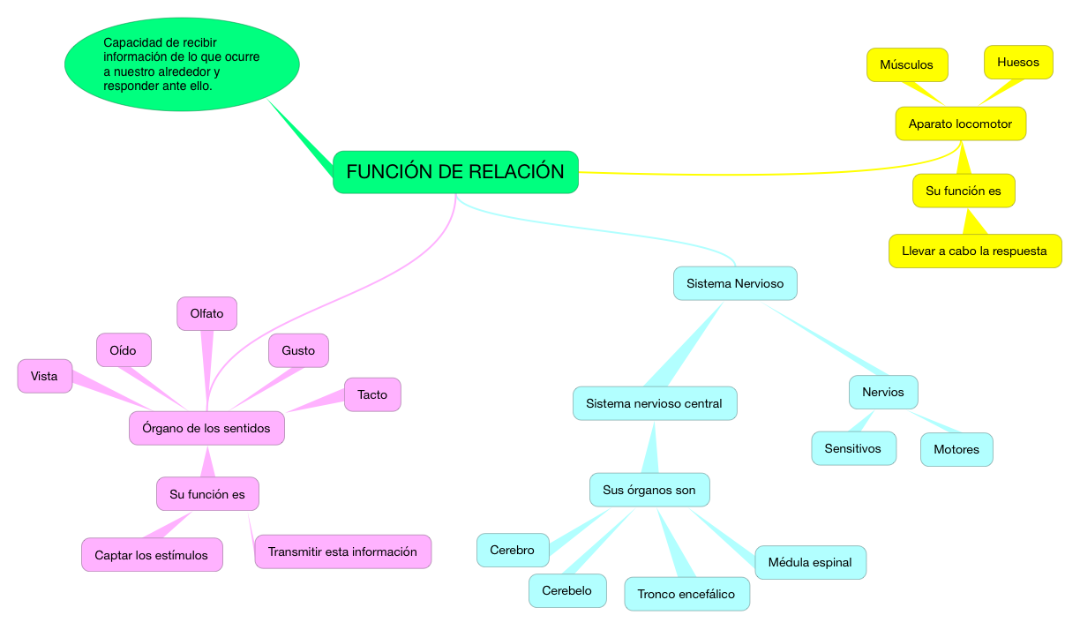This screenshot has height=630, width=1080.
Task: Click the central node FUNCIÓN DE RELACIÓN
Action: coord(455,172)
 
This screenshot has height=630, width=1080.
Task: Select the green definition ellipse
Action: coord(182,64)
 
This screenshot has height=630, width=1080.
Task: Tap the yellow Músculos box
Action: coord(907,64)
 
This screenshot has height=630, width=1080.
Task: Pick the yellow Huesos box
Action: coord(1018,62)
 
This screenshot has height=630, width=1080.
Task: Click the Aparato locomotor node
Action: coord(961,124)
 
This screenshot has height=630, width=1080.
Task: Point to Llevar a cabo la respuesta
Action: coord(975,251)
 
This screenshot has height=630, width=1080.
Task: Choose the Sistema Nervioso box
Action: coord(735,283)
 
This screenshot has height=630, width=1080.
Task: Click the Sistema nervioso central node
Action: coord(655,403)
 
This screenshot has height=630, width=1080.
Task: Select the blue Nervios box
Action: coord(883,392)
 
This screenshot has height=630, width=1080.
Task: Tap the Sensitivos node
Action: coord(853,448)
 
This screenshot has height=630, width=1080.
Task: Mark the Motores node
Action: coord(956,449)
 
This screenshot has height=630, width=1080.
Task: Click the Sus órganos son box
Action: coord(649,490)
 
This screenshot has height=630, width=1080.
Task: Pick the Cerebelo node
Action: coord(567,590)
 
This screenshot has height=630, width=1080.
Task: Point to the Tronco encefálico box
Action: coord(686,594)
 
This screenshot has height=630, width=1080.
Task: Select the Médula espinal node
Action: coord(810,562)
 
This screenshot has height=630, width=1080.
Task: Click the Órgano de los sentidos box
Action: coord(206,428)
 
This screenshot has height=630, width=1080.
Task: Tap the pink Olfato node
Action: coord(207,313)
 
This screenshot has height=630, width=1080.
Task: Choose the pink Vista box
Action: coord(44,376)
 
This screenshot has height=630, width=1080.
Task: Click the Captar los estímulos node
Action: coord(152,555)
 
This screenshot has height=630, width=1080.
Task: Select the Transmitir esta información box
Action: coord(342,551)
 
